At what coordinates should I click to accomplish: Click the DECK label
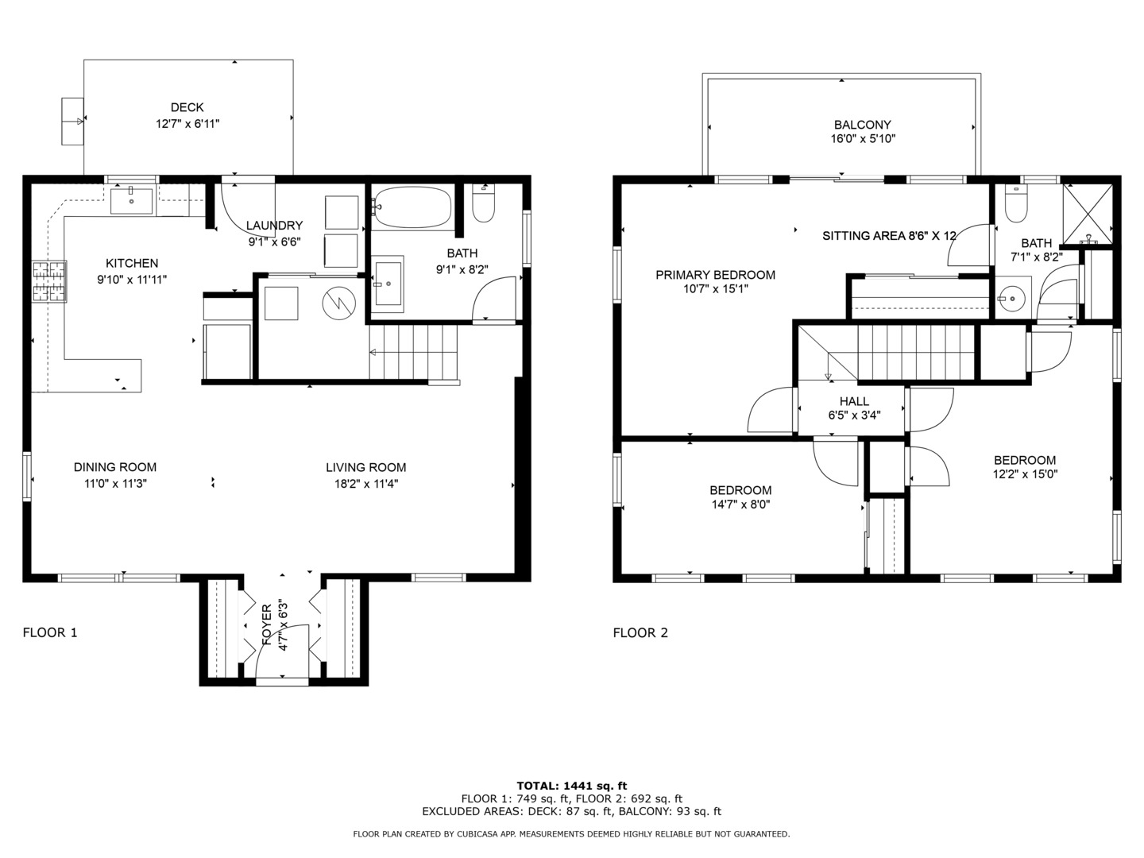click(x=187, y=107)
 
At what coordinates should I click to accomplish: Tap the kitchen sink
click(x=131, y=201)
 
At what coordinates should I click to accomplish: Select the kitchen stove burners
click(x=49, y=281)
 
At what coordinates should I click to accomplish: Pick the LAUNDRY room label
click(x=274, y=226)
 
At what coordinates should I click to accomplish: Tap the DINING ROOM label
click(x=115, y=467)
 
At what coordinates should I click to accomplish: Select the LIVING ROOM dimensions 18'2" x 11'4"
click(x=366, y=484)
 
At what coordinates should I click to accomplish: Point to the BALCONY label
click(x=863, y=125)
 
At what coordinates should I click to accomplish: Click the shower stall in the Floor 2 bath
click(x=1088, y=214)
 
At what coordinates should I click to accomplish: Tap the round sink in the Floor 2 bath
click(x=1014, y=299)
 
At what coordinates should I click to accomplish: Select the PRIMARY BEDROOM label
click(x=715, y=275)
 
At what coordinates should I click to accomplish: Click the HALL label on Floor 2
click(x=854, y=402)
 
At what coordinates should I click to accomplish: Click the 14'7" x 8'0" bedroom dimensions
click(x=740, y=504)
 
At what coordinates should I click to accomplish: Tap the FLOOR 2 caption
click(x=640, y=633)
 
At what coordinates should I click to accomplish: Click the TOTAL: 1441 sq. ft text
click(x=572, y=786)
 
